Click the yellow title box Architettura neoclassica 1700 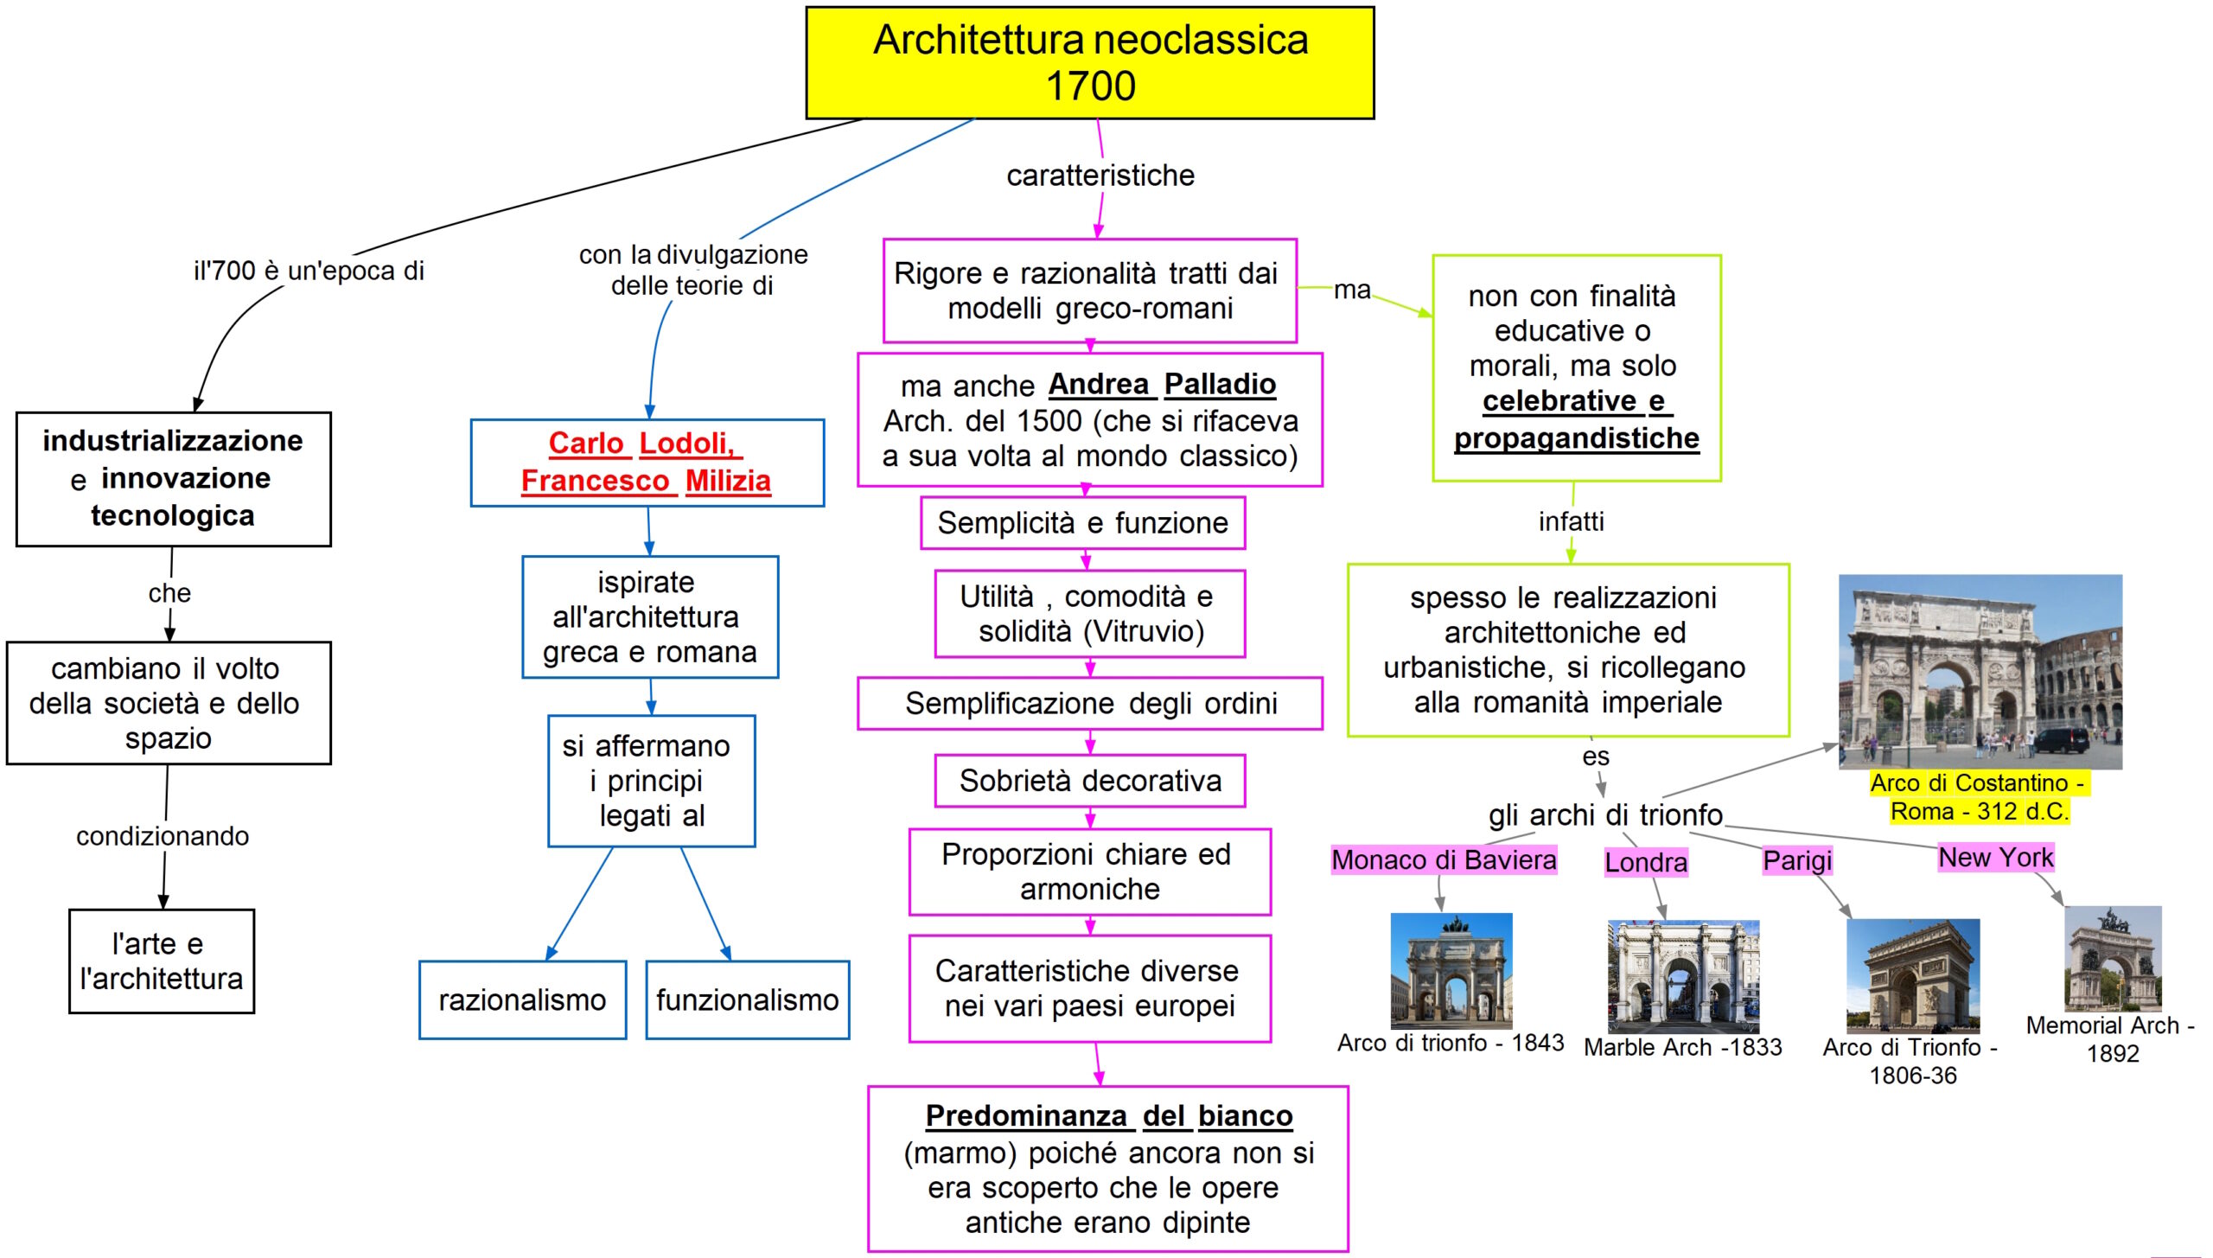coord(1089,62)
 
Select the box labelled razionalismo coord(522,999)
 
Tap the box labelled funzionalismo coord(747,999)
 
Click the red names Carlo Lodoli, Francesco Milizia coord(646,462)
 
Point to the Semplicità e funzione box coord(1082,522)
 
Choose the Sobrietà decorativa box coord(1089,781)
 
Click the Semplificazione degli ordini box coord(1089,703)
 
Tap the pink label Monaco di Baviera coord(1444,859)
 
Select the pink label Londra coord(1645,862)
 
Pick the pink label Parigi coord(1797,860)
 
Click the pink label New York coord(1995,857)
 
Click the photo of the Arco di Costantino coord(1980,671)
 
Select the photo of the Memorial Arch coord(2113,958)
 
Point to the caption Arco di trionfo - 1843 coord(1451,1043)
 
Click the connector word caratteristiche coord(1100,176)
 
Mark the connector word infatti coord(1571,521)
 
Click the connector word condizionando coord(163,836)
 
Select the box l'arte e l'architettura coord(162,961)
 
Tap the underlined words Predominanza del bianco coord(1108,1115)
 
